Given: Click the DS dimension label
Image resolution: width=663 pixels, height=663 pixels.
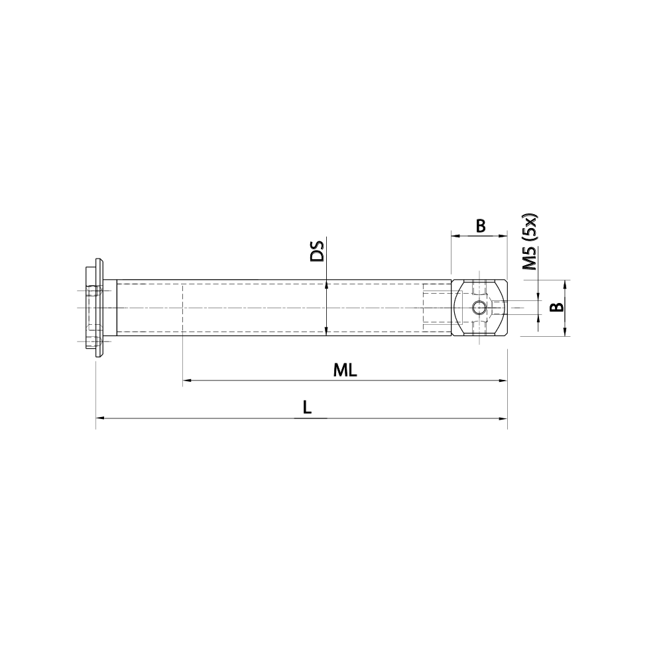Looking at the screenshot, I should point(318,251).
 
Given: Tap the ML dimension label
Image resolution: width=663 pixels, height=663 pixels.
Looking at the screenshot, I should point(345,371).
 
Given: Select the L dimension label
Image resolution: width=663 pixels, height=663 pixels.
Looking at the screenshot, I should point(306,408).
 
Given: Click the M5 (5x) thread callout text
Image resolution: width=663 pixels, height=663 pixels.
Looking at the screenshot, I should point(530,242).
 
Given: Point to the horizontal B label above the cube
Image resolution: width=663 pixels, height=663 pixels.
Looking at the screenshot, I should point(481,226).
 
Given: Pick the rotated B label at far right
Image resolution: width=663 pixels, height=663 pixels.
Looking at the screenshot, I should point(558,307).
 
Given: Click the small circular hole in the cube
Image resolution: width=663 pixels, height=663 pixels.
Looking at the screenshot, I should point(479,308).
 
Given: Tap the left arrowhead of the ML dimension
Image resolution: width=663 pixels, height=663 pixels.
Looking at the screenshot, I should point(186,381).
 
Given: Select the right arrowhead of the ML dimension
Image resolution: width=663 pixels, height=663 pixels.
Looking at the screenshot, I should point(503,381).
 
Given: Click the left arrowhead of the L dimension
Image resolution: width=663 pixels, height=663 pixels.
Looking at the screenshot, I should point(100,418).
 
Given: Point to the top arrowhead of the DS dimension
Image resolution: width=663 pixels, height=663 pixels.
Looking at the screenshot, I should point(326,284).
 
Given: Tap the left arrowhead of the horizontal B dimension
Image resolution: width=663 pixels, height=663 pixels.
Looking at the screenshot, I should point(455,235).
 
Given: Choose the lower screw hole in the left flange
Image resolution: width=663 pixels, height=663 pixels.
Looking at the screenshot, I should point(93,341).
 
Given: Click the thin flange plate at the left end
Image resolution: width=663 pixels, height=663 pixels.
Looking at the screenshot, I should point(99,308).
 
